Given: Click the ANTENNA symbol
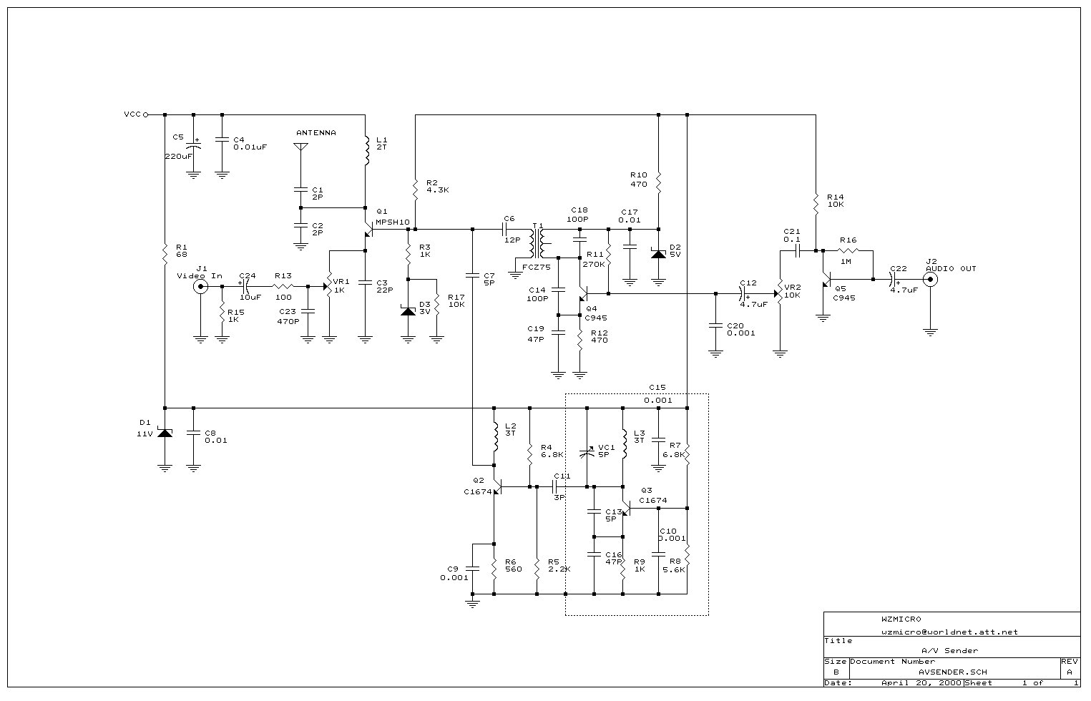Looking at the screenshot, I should (x=300, y=147).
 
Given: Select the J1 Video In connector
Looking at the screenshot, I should (x=200, y=287).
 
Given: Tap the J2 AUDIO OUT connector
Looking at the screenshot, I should (x=930, y=280).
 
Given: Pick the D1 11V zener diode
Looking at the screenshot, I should (x=165, y=432).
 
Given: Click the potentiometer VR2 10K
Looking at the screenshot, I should (x=778, y=294).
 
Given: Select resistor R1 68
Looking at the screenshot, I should (x=165, y=252).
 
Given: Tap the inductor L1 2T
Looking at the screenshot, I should (x=366, y=150).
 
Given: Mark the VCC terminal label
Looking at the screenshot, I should (x=132, y=114).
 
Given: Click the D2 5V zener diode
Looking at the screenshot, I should (x=658, y=253).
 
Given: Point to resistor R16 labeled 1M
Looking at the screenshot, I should (x=848, y=251).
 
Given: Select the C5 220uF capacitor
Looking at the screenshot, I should (x=193, y=146).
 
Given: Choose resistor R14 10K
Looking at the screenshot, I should (x=816, y=202).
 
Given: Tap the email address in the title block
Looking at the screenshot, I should (x=949, y=632).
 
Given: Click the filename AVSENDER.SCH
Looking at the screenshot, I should (x=954, y=672).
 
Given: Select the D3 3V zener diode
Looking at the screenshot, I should (x=408, y=310).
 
